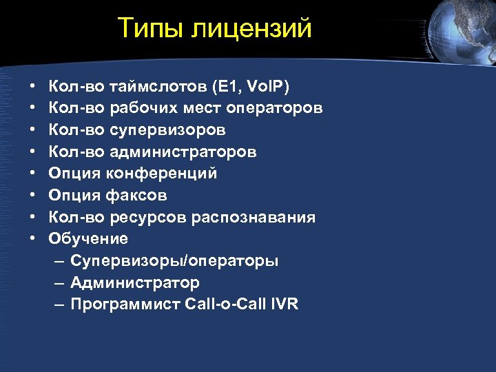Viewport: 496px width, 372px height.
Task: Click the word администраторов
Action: pos(183,152)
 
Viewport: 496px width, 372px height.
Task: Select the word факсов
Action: pos(136,196)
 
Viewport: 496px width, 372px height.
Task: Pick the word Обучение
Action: pos(88,239)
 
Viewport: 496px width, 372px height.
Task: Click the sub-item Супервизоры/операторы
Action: pos(174,261)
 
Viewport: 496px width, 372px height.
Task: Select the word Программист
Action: pos(125,304)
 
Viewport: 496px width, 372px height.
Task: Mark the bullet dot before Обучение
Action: pos(33,239)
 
